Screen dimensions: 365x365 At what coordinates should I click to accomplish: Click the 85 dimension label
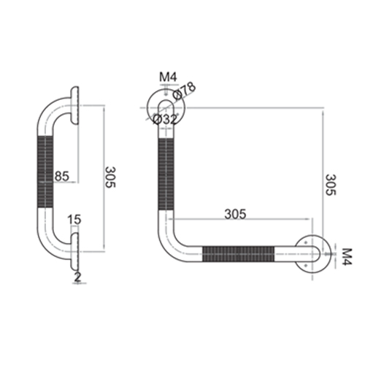pyautogui.click(x=63, y=175)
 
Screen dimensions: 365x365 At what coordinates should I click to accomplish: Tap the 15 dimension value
pyautogui.click(x=74, y=218)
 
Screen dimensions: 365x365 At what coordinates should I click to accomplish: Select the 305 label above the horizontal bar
pyautogui.click(x=234, y=214)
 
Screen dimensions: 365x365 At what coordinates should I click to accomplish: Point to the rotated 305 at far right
pyautogui.click(x=329, y=185)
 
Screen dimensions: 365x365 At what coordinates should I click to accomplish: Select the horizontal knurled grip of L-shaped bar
pyautogui.click(x=239, y=255)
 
